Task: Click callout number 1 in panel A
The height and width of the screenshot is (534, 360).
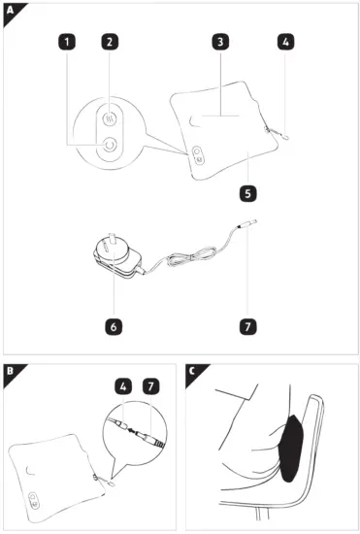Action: point(66,43)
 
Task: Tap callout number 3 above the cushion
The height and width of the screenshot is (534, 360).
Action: point(221,43)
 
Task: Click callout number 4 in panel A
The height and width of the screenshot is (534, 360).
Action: point(284,43)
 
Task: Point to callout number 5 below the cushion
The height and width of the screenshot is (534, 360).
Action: point(247,193)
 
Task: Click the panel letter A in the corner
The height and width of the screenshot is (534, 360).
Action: point(10,10)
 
